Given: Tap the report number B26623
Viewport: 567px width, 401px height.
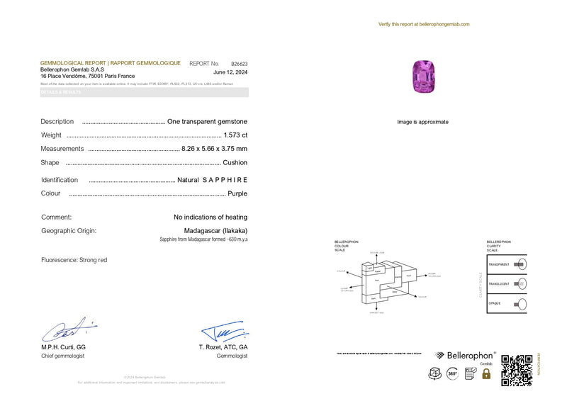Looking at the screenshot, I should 239,63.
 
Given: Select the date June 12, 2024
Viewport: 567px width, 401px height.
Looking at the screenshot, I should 230,72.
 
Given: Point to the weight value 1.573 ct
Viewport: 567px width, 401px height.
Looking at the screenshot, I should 235,135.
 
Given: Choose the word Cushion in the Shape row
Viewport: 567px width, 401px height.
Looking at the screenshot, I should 235,162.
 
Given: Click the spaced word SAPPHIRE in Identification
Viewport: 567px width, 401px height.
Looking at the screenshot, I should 225,180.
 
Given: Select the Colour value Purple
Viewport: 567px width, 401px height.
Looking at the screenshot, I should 237,193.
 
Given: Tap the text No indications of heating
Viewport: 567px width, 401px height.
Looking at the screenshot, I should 210,218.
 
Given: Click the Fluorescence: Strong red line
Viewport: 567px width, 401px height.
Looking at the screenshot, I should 74,260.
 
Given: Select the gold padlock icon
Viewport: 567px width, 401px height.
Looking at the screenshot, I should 486,373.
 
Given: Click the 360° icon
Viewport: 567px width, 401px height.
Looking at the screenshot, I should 451,373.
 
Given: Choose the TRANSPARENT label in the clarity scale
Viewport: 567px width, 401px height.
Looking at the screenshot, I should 499,264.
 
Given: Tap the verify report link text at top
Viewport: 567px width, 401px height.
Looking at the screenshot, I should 424,24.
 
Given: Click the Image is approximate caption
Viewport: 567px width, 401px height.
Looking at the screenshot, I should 422,122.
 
